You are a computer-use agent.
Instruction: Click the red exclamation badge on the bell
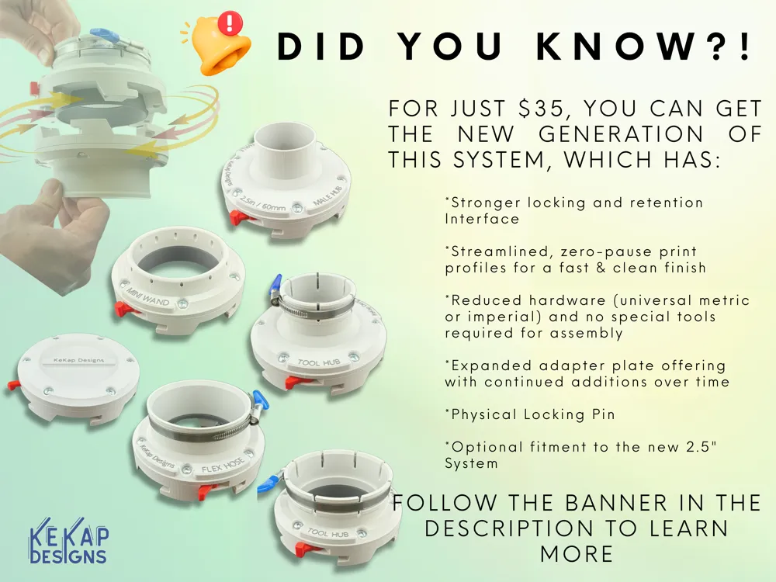230,23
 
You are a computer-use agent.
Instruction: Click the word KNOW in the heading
617,47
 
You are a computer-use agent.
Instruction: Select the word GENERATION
621,134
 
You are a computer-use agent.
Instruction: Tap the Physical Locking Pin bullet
530,414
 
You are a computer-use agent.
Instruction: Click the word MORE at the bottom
577,554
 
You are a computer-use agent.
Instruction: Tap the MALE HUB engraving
327,196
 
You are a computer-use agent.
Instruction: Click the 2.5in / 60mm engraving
263,203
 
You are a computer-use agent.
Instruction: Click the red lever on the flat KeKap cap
14,385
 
